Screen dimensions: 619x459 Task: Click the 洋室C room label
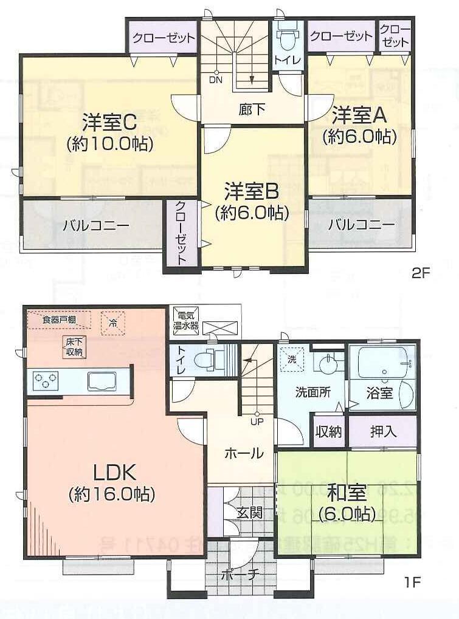coord(109,123)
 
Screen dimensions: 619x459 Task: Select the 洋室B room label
coord(251,191)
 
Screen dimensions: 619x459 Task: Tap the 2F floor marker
coord(420,273)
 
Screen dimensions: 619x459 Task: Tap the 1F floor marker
coord(413,583)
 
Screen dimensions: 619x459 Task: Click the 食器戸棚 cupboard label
coord(59,320)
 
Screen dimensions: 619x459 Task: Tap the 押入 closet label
coord(383,431)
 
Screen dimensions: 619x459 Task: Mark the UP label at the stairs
coord(256,420)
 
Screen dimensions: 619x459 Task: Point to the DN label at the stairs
coord(215,80)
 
